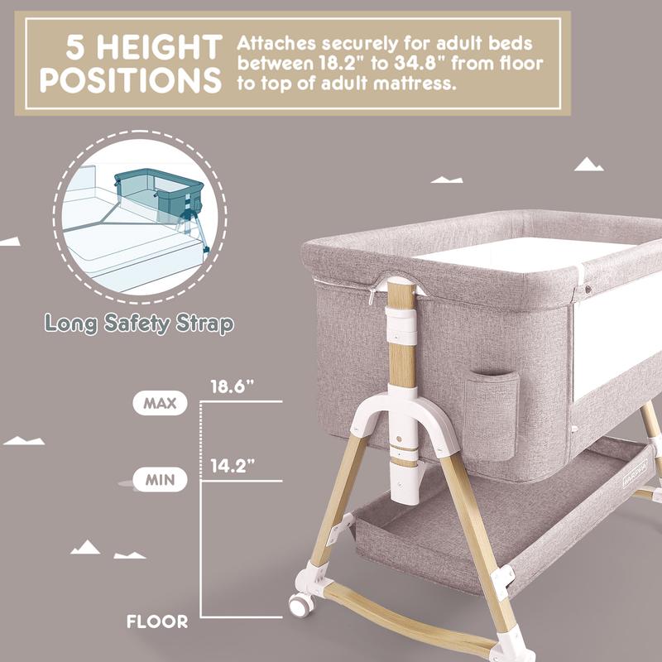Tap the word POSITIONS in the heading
[132, 82]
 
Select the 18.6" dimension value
[231, 386]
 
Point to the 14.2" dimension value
[231, 466]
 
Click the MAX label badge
[159, 404]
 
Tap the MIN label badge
[159, 480]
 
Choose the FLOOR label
[157, 621]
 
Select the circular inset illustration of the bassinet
[140, 217]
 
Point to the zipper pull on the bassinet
[375, 296]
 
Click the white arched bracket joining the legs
[405, 414]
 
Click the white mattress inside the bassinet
[530, 252]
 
